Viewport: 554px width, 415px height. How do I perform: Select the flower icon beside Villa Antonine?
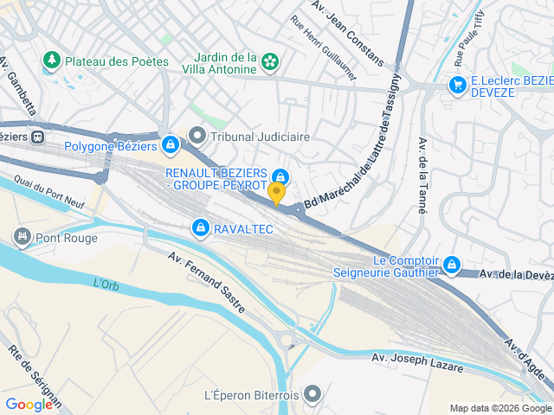coord(271,61)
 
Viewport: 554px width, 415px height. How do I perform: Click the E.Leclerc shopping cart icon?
coord(456,84)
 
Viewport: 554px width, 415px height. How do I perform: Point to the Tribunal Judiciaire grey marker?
coord(198,136)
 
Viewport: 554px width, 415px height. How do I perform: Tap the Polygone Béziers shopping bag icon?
coord(171,144)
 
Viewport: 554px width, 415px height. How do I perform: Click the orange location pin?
coord(277,193)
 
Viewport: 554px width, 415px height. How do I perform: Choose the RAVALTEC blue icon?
coord(201,227)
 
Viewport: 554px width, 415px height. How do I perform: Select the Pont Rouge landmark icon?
coord(22,236)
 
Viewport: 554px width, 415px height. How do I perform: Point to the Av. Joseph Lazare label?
coord(417,362)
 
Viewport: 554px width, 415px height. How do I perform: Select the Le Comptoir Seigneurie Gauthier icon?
coord(450,265)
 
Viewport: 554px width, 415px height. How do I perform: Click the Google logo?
coord(29,404)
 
